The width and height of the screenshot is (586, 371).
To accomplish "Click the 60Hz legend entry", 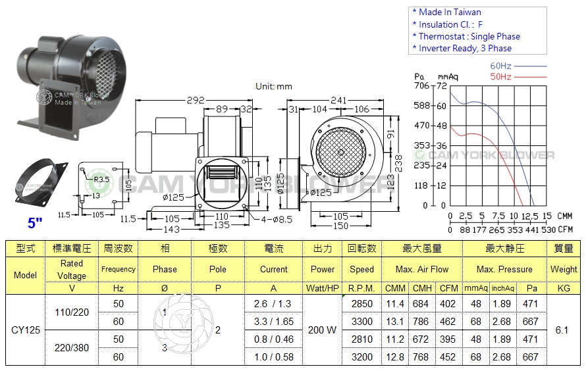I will (502, 66).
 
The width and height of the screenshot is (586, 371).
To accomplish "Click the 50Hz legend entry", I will (502, 77).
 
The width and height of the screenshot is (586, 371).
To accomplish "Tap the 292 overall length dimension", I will (196, 101).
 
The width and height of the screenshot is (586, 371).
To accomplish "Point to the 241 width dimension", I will (338, 101).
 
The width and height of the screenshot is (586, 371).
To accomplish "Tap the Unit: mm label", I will (274, 86).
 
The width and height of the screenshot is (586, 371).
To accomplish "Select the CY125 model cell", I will (25, 330).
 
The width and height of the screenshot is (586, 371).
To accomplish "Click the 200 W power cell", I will (322, 330).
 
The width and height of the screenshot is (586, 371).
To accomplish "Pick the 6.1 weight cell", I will (562, 330).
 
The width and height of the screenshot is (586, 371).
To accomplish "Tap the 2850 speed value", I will (361, 304).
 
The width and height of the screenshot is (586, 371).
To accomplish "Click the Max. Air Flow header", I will (422, 269).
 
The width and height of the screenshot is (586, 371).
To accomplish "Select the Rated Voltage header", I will (72, 270).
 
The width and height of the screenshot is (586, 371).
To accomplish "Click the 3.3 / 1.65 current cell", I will (273, 322).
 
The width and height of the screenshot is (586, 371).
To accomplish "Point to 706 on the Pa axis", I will (421, 86).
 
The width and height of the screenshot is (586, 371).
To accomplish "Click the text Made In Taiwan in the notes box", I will (450, 12).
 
